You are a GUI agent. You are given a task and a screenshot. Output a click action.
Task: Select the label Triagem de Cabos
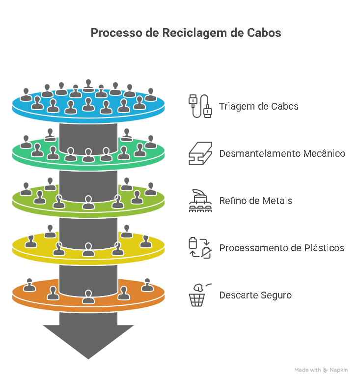[x=258, y=106]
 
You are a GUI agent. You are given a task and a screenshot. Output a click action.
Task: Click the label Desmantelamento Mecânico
[x=282, y=153]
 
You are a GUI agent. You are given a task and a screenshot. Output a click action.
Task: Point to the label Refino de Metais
[x=255, y=201]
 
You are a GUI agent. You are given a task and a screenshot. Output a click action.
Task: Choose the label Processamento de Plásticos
[x=281, y=248]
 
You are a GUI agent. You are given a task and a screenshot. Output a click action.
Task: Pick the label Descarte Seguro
[x=255, y=295]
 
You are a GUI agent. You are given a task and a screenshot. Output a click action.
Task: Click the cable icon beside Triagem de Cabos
[x=200, y=106]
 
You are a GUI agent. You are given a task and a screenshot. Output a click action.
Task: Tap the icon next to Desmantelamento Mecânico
[x=200, y=153]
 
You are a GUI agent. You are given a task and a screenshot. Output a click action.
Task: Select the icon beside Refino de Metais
[x=200, y=201]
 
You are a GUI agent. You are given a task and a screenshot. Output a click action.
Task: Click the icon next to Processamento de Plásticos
[x=200, y=248]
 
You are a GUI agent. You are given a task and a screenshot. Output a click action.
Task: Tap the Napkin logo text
[x=338, y=370]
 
